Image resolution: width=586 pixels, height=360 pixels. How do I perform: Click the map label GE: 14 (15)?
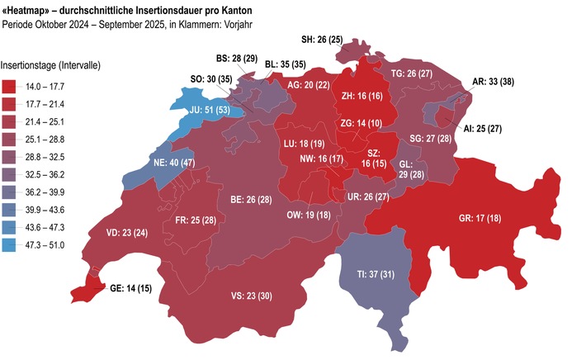(x=130, y=289)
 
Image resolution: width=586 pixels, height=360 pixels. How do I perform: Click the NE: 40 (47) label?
(x=173, y=163)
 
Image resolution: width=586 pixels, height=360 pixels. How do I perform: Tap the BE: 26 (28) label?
(x=251, y=199)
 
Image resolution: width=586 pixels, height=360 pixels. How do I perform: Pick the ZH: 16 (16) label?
(x=362, y=96)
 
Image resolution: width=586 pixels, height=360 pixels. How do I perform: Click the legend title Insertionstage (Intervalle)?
(x=51, y=64)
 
